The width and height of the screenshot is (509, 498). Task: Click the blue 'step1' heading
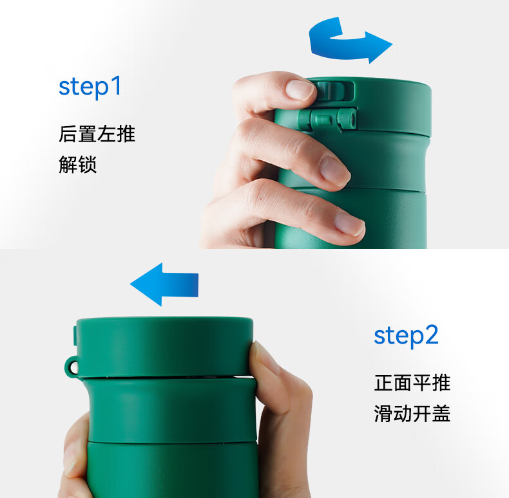(90, 87)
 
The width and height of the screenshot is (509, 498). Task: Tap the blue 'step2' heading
(406, 336)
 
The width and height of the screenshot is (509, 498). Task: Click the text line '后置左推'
(97, 134)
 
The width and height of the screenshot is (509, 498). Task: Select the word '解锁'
(77, 164)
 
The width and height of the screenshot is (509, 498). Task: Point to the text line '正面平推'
(412, 383)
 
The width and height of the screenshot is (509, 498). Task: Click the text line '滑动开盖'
(412, 413)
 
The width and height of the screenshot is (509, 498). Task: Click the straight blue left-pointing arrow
(164, 284)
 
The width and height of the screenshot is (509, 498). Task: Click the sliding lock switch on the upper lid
(334, 91)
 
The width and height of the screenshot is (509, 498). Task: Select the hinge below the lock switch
(327, 119)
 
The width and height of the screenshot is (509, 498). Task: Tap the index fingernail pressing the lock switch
(300, 89)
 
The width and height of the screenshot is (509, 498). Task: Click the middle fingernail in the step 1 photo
(334, 171)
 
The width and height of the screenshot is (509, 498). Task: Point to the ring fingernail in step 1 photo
(349, 223)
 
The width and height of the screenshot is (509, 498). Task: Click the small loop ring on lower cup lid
(71, 367)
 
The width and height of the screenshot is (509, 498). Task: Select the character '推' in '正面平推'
(441, 383)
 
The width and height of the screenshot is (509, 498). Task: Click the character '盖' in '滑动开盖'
(441, 413)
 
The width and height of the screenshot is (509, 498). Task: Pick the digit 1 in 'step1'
(116, 85)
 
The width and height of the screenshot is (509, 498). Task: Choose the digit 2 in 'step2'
(431, 335)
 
